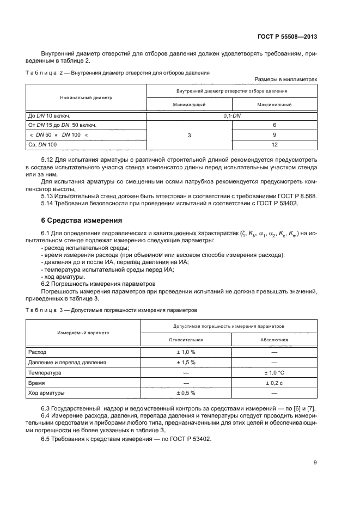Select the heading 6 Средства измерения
pyautogui.click(x=77, y=220)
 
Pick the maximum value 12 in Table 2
pyautogui.click(x=275, y=144)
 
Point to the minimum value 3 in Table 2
pyautogui.click(x=189, y=134)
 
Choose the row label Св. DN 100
pyautogui.click(x=42, y=144)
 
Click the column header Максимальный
pyautogui.click(x=275, y=104)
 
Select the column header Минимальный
pyautogui.click(x=189, y=104)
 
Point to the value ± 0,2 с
pyautogui.click(x=274, y=383)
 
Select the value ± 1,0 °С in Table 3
pyautogui.click(x=274, y=372)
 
